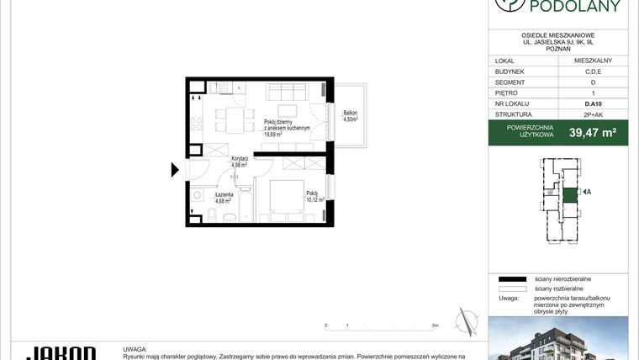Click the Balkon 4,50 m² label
[351, 116]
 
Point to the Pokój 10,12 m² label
[314, 196]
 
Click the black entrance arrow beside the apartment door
[175, 170]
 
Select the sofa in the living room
[285, 91]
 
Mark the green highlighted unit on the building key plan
[569, 193]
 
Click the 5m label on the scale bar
[435, 325]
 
